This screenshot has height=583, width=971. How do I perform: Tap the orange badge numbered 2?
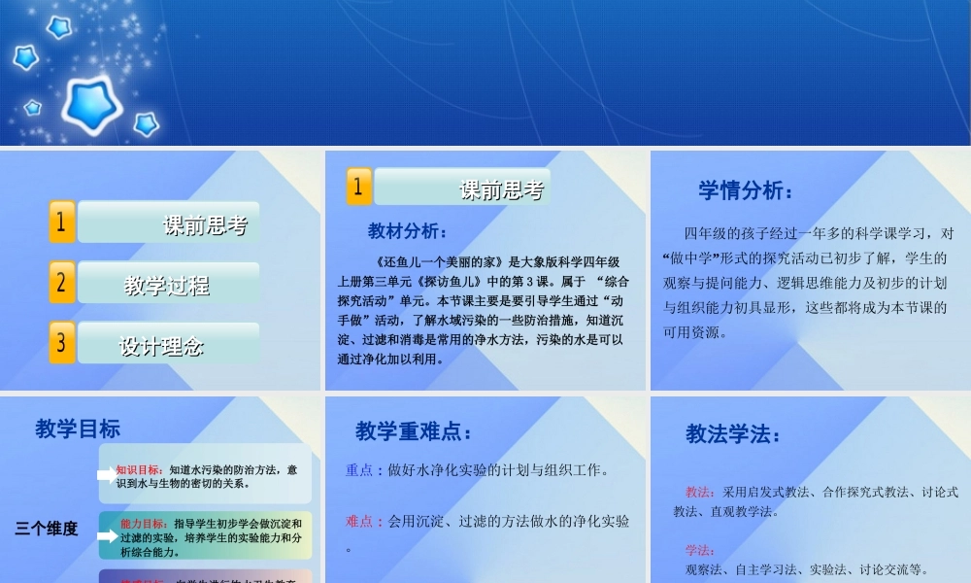pyautogui.click(x=61, y=283)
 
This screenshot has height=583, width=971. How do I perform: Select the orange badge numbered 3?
pyautogui.click(x=61, y=343)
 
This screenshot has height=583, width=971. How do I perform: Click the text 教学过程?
pyautogui.click(x=167, y=286)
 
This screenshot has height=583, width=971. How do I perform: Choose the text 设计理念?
pyautogui.click(x=161, y=346)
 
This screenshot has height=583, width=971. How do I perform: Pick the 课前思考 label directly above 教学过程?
pyautogui.click(x=205, y=225)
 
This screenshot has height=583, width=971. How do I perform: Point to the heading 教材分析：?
pyautogui.click(x=408, y=231)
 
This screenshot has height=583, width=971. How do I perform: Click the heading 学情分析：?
pyautogui.click(x=746, y=190)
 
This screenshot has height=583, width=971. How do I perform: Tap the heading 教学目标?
pyautogui.click(x=78, y=429)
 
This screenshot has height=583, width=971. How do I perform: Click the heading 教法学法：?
pyautogui.click(x=734, y=433)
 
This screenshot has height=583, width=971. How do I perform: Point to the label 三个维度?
pyautogui.click(x=46, y=530)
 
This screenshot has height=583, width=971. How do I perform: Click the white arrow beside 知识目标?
pyautogui.click(x=105, y=475)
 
